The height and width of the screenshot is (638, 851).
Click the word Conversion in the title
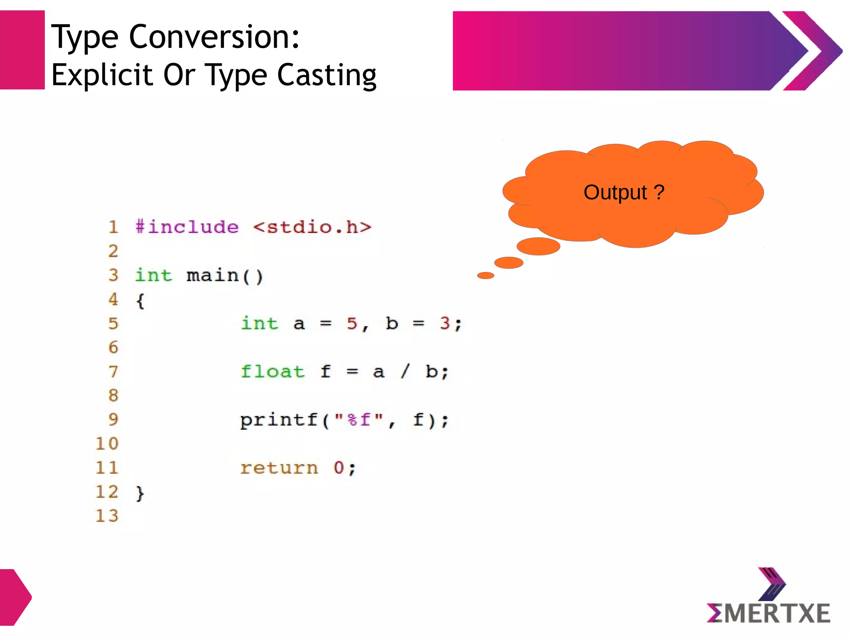point(214,37)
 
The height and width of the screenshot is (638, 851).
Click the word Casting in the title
point(327,76)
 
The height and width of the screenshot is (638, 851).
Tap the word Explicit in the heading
point(102,76)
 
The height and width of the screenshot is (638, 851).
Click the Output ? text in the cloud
point(624,193)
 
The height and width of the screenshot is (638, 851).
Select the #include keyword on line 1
point(187,227)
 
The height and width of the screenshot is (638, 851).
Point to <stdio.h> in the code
point(312,227)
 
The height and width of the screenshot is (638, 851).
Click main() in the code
point(225,276)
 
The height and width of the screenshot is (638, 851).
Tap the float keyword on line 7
point(273,371)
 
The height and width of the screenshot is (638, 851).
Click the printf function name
point(279,420)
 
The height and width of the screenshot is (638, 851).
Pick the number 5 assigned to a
point(352,323)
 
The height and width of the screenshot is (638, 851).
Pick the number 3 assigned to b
point(445,323)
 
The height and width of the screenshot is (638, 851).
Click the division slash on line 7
point(405,371)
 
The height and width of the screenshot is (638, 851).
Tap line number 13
point(107,516)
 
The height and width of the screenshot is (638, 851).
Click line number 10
point(107,444)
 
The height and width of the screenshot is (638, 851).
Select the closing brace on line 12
point(140,493)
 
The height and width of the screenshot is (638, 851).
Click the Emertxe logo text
point(768,613)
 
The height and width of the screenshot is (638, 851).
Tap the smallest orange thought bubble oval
point(485,275)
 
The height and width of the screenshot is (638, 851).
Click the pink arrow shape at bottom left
point(15,597)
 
